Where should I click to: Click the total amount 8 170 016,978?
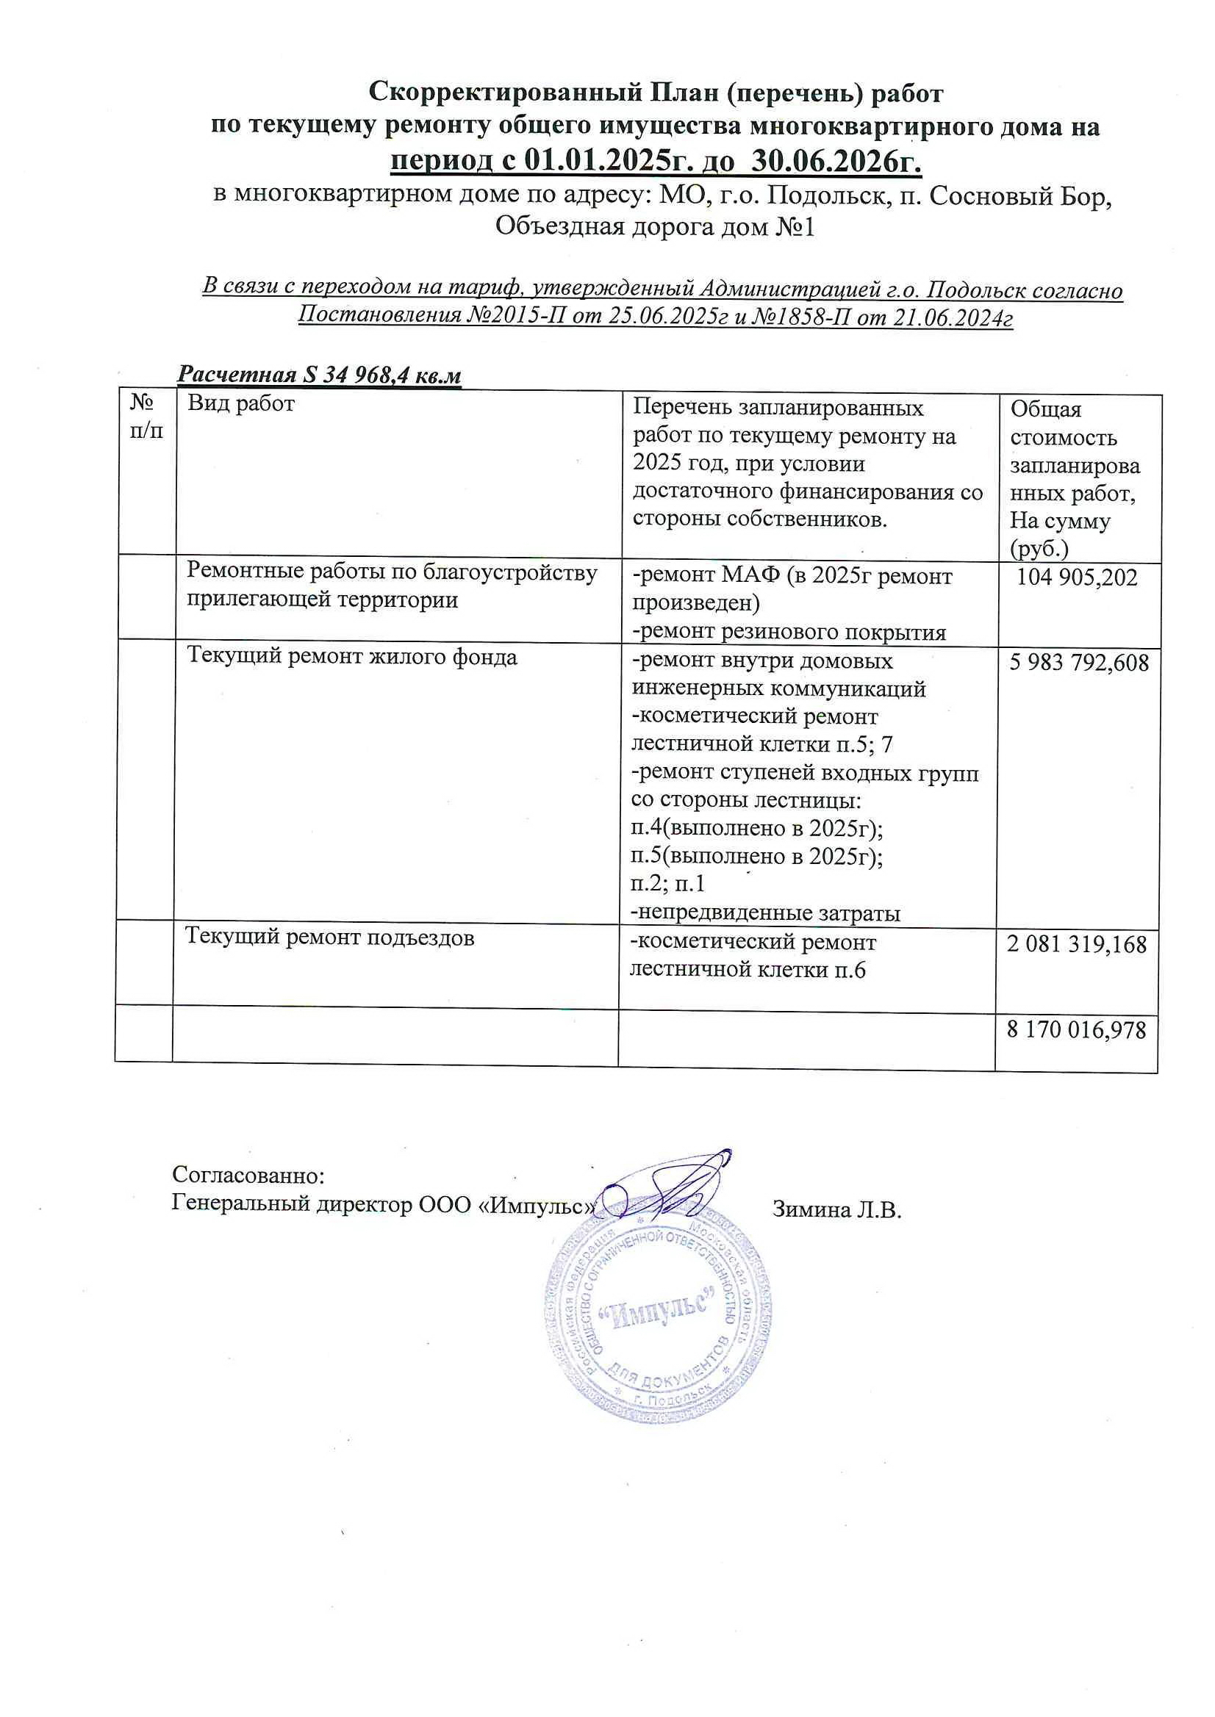click(x=1077, y=1031)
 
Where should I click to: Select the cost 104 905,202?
click(x=1078, y=577)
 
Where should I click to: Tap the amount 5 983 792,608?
click(x=1079, y=662)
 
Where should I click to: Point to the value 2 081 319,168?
click(x=1077, y=945)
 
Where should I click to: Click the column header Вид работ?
click(x=241, y=405)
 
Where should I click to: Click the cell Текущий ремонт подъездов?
click(x=330, y=937)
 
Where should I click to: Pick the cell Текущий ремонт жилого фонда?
click(x=351, y=657)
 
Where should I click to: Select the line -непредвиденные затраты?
click(x=766, y=913)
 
